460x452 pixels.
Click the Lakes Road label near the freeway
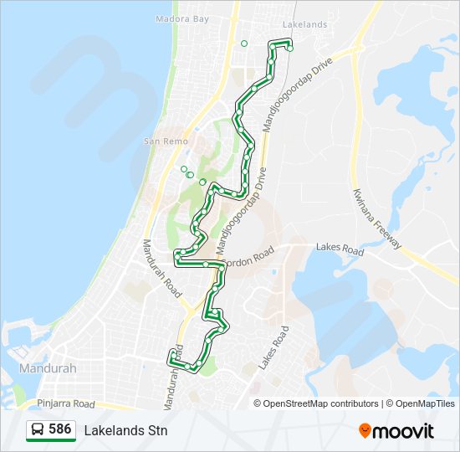coord(340,249)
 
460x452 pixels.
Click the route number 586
coord(59,429)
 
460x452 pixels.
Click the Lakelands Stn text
coord(125,430)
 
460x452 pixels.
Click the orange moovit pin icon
coord(365,430)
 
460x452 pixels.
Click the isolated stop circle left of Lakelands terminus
coord(244,44)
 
